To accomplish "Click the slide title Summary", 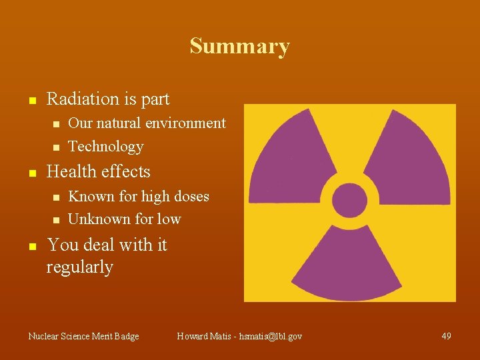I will pyautogui.click(x=239, y=47).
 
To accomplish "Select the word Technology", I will pyautogui.click(x=106, y=147).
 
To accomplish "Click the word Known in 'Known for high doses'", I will pyautogui.click(x=89, y=197).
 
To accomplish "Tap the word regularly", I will pyautogui.click(x=79, y=267).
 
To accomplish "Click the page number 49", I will pyautogui.click(x=446, y=337).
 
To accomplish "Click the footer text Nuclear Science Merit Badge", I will pyautogui.click(x=83, y=337).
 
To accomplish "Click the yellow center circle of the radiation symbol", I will pyautogui.click(x=349, y=200).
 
